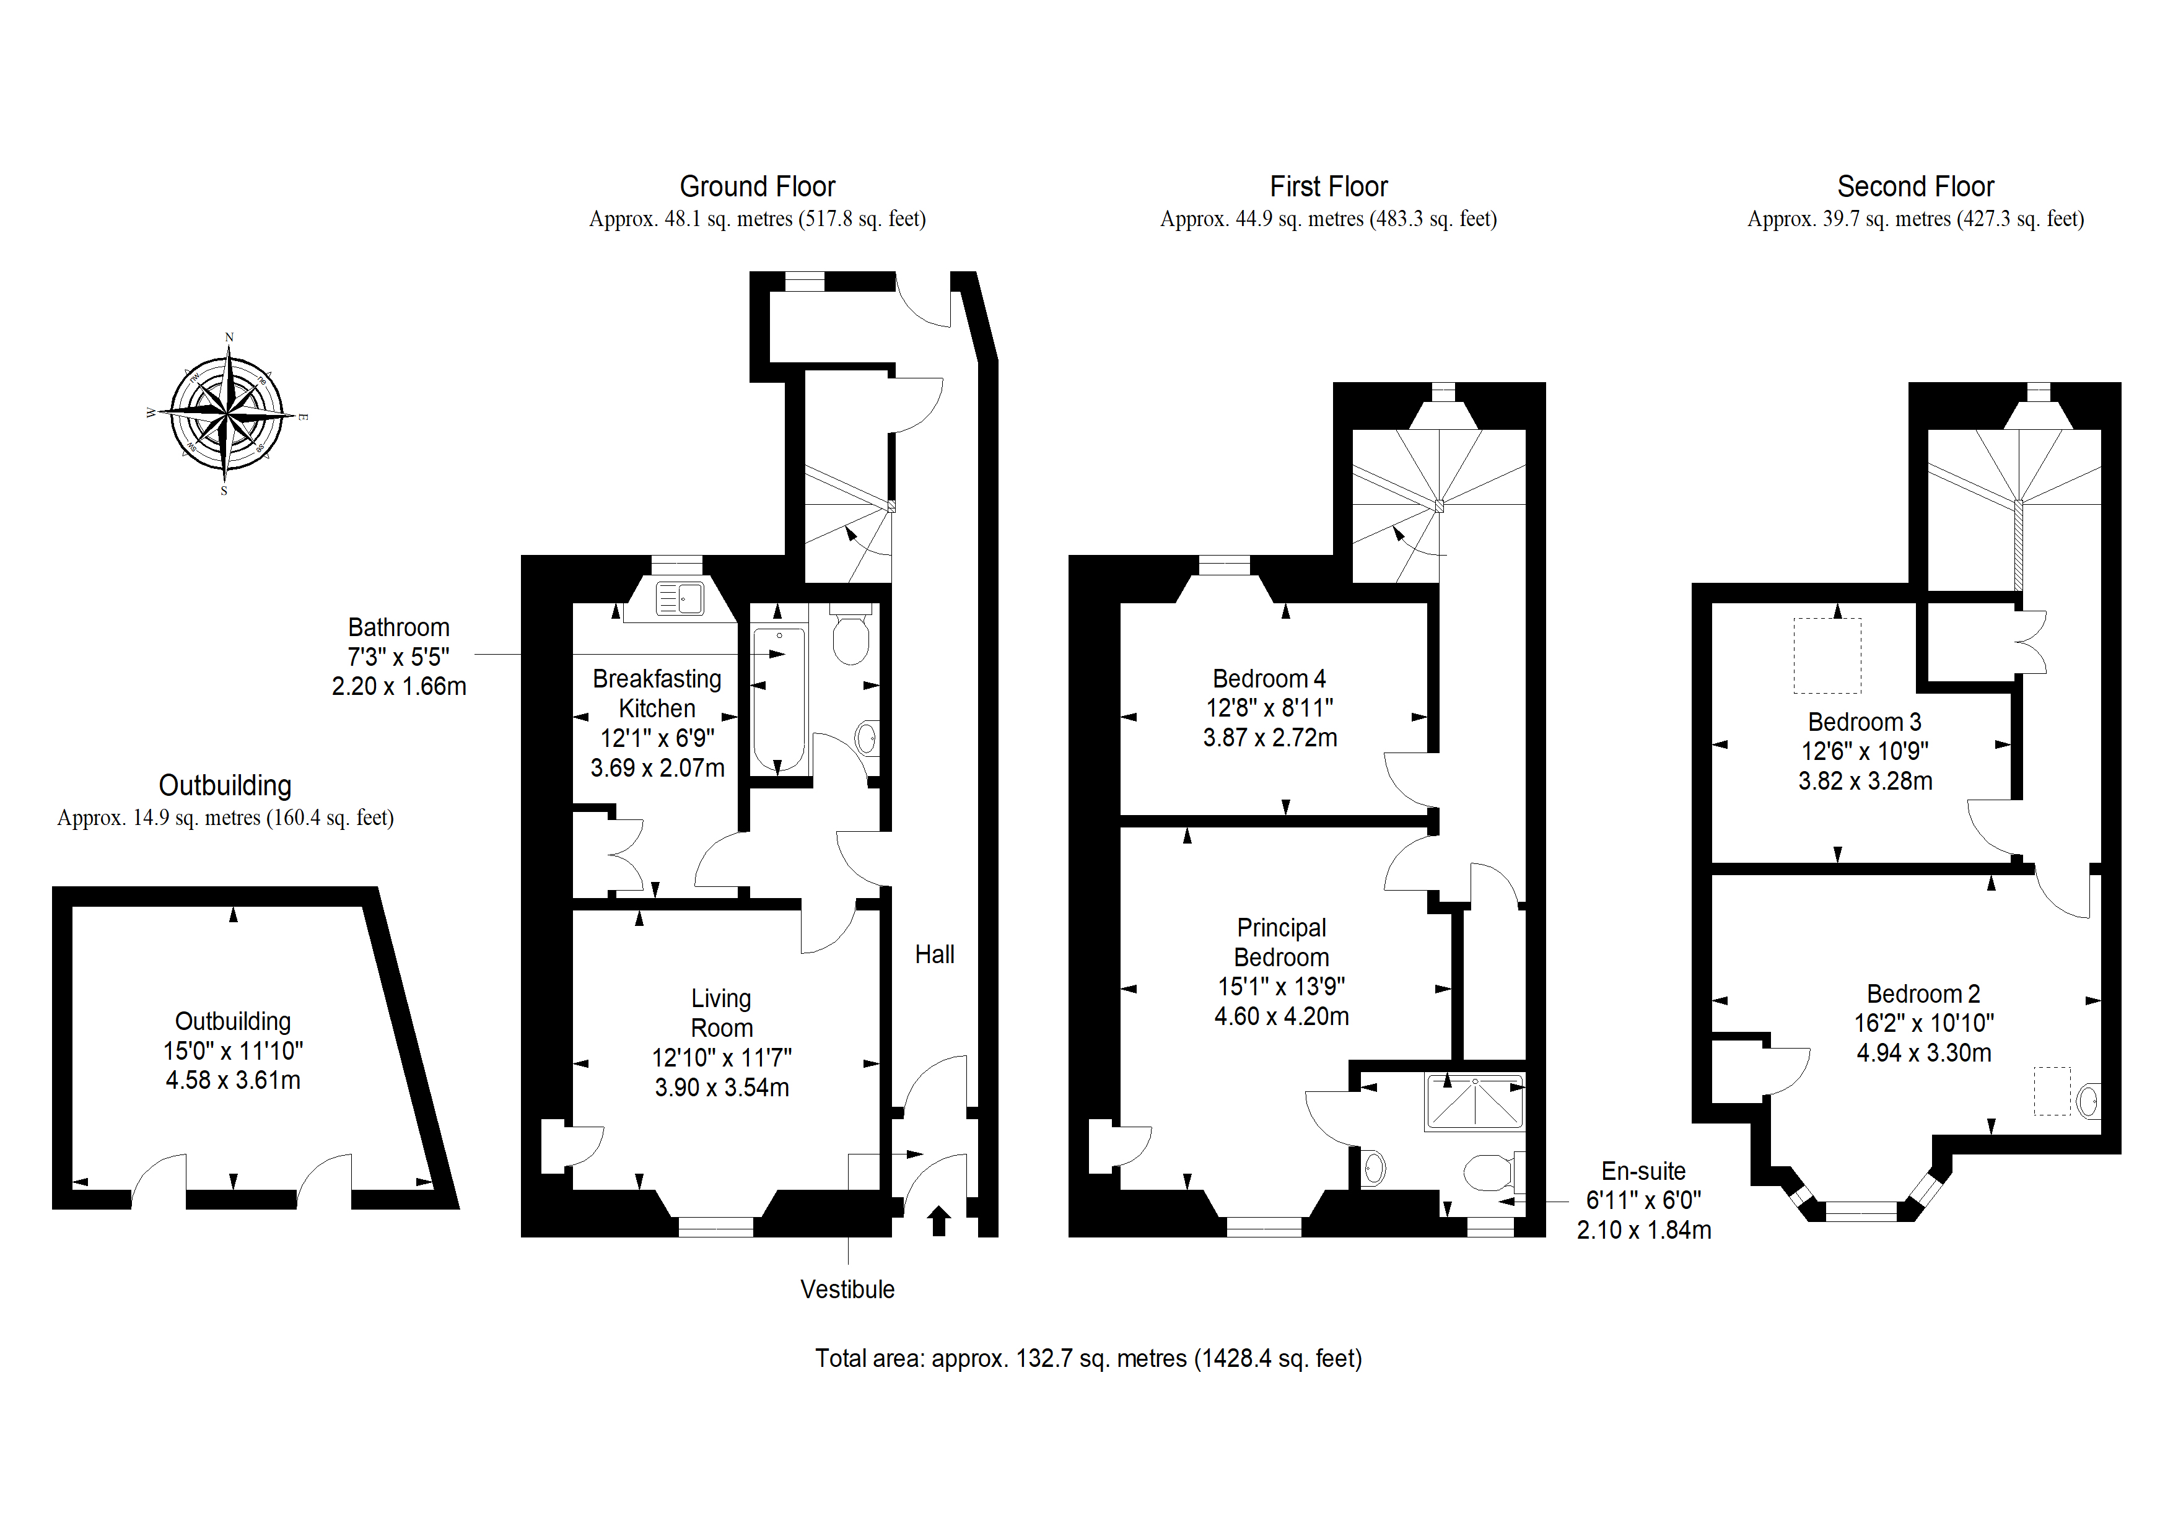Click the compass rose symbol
click(227, 414)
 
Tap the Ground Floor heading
click(757, 186)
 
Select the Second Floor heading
click(1915, 186)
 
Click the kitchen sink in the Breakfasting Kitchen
click(680, 598)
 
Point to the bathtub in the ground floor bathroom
click(779, 699)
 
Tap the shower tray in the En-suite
click(1474, 1102)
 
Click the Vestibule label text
click(847, 1289)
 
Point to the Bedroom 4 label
click(1269, 679)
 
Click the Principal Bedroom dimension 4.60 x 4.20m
click(1282, 1016)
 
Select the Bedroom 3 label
click(1865, 722)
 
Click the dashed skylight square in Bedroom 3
click(1827, 656)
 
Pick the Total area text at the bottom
click(1088, 1359)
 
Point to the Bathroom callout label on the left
click(398, 657)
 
